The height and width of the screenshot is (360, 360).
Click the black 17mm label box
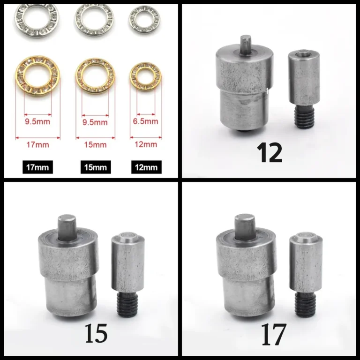click(37, 167)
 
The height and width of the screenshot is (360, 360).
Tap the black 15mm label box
click(96, 167)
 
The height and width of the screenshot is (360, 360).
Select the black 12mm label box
click(146, 167)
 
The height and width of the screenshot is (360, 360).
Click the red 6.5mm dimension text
click(146, 121)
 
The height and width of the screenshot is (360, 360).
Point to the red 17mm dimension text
click(37, 145)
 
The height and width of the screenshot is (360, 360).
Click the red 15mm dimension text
click(95, 145)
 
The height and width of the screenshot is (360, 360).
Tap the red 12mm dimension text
click(146, 144)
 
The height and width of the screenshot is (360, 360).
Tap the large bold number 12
click(270, 153)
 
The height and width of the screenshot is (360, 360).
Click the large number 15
click(96, 333)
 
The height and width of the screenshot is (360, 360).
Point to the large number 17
click(274, 334)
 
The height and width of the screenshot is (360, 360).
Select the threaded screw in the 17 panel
click(305, 305)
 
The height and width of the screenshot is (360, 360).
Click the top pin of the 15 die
click(67, 227)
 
